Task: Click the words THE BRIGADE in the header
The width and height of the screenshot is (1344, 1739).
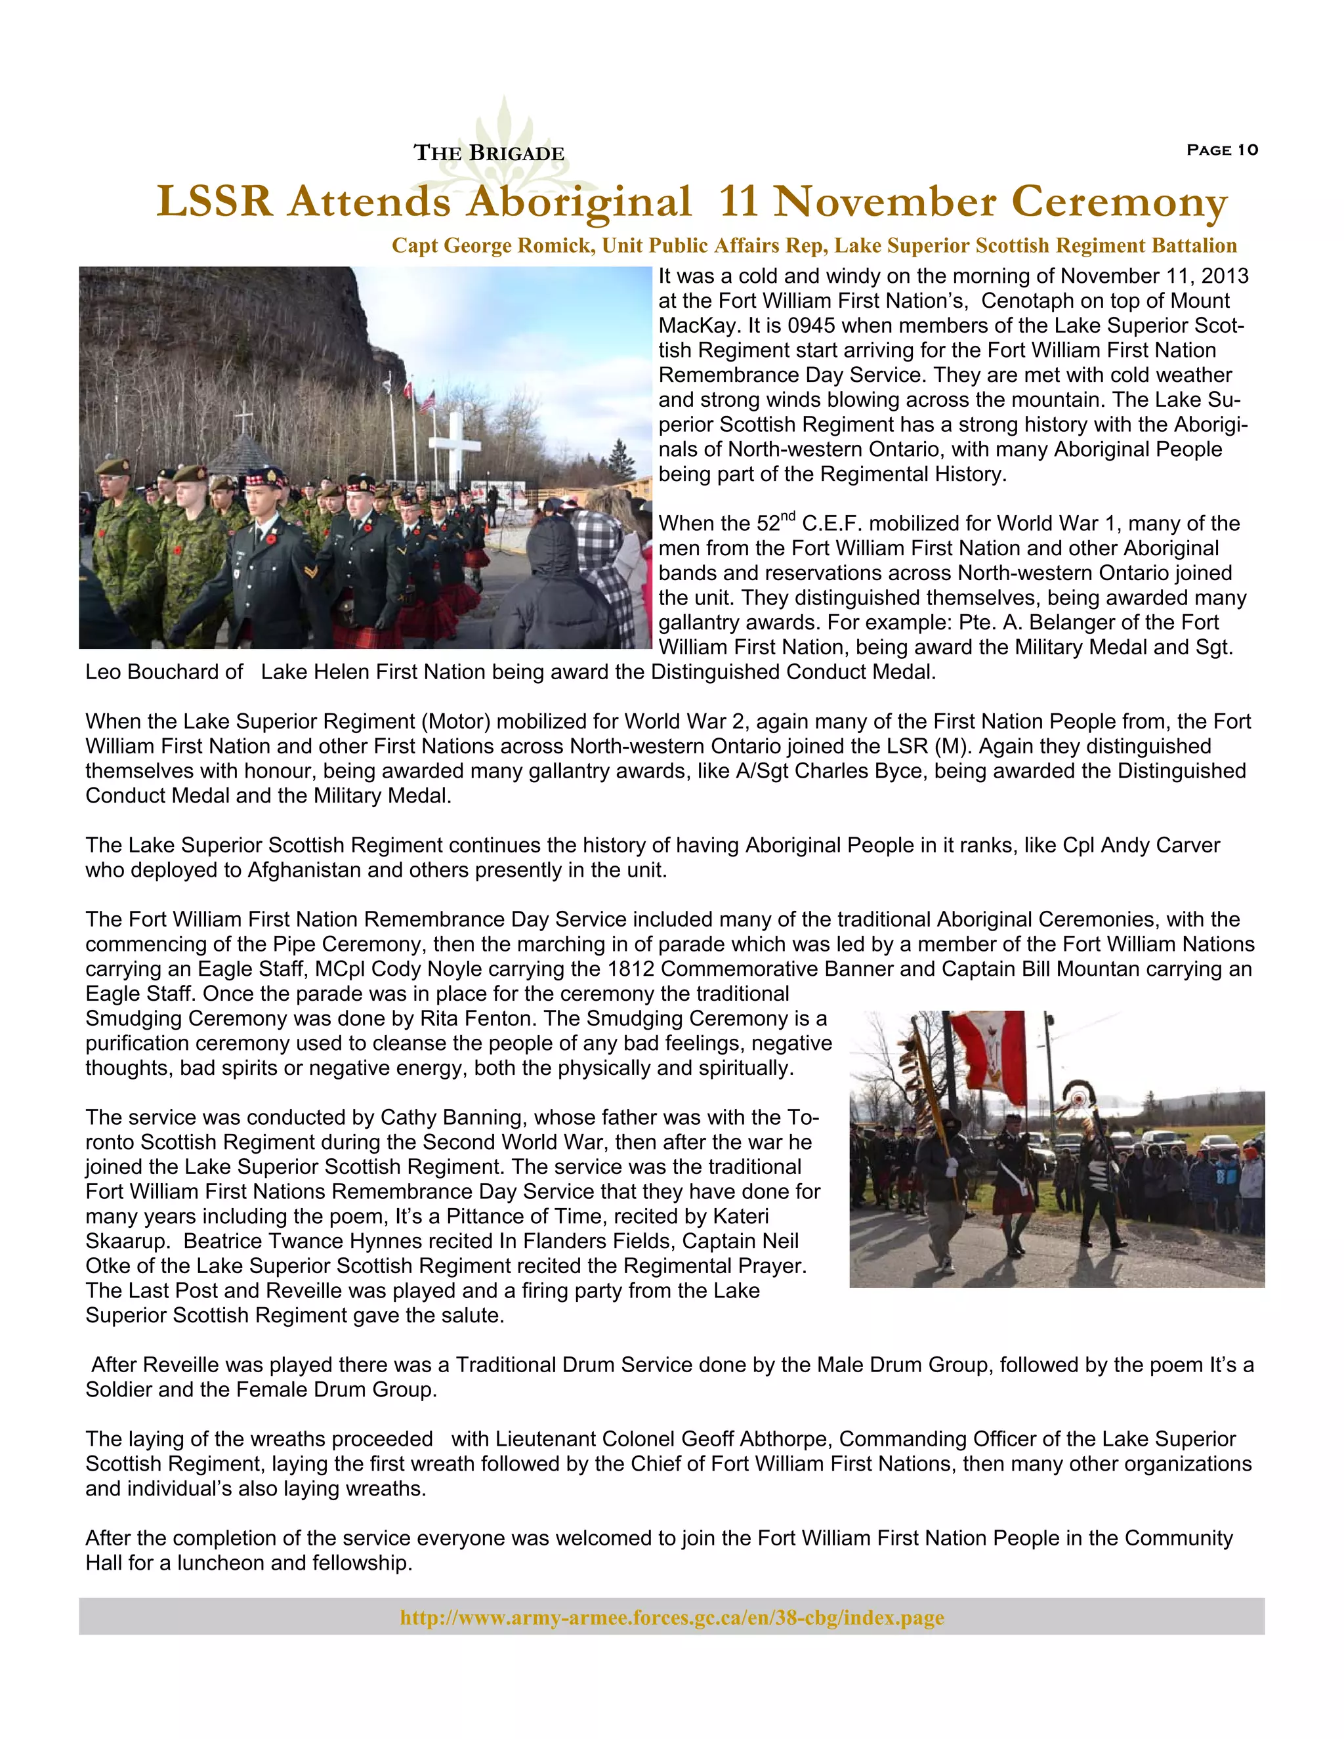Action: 489,153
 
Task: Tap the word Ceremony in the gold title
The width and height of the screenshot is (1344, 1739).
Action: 1120,201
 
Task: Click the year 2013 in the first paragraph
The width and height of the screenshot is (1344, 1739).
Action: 1225,276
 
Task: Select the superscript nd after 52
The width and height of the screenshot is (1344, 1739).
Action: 787,516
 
